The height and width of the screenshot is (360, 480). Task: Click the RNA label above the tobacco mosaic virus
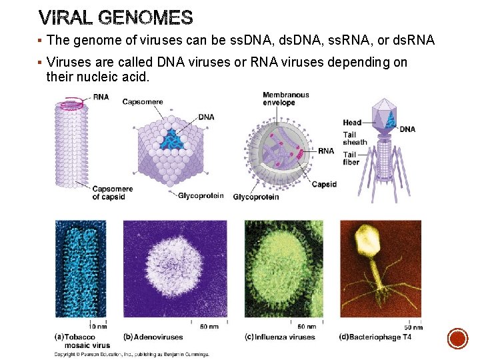tap(101, 97)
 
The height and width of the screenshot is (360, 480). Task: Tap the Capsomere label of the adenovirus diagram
tap(143, 102)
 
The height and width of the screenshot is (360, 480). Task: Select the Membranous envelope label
tap(286, 99)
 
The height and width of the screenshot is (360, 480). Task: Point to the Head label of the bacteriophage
tap(352, 123)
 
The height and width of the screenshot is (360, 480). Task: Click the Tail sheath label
tap(355, 138)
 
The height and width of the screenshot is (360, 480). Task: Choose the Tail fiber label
tap(351, 158)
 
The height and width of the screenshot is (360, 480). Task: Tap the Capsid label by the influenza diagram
tap(324, 184)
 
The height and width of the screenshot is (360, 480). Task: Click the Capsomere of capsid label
tap(113, 193)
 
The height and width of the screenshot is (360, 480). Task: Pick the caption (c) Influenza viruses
tap(280, 337)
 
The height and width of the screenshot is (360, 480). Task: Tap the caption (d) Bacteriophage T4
tap(375, 337)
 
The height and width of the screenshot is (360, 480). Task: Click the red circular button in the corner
tap(457, 339)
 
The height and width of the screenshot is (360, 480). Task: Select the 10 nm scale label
tap(98, 327)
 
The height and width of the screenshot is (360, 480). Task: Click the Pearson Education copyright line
tap(132, 354)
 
